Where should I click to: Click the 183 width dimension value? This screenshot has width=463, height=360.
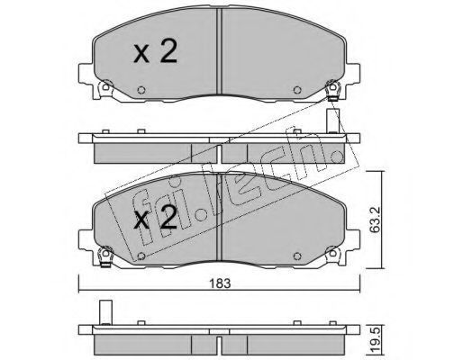220,283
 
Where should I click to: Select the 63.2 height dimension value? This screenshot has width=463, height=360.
375,220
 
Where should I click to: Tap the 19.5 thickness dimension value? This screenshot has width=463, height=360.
375,342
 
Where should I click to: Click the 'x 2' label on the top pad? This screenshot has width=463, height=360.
155,51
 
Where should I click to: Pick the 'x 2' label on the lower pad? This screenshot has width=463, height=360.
155,217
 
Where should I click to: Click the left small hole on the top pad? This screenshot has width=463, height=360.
141,90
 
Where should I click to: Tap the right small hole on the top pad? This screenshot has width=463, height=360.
297,90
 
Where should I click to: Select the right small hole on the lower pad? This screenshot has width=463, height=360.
297,256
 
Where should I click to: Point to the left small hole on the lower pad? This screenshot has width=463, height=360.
141,256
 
